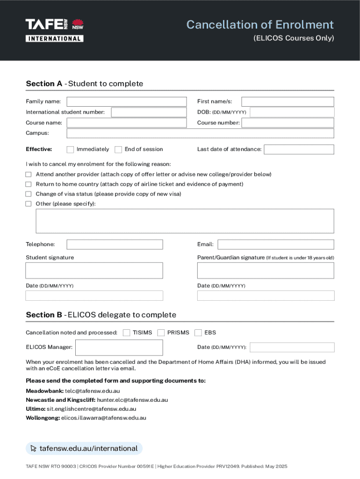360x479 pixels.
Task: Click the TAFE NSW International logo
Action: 54,30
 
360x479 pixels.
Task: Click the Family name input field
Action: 126,102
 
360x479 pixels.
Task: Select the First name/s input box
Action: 287,102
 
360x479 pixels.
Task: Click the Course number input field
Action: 287,123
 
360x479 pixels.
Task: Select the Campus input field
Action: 200,133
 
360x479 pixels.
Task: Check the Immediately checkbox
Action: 70,150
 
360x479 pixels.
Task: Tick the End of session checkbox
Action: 118,150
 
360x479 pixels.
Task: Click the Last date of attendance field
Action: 299,150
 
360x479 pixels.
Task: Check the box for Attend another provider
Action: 29,174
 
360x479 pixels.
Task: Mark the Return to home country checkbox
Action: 29,184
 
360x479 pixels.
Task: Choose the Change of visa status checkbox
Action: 29,194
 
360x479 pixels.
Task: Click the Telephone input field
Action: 115,245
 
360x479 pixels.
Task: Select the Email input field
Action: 275,245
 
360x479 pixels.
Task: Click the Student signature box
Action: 94,270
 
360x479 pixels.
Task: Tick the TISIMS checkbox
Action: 126,333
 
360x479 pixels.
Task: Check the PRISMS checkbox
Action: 161,333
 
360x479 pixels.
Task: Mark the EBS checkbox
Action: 198,333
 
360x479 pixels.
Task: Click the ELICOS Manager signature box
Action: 119,348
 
